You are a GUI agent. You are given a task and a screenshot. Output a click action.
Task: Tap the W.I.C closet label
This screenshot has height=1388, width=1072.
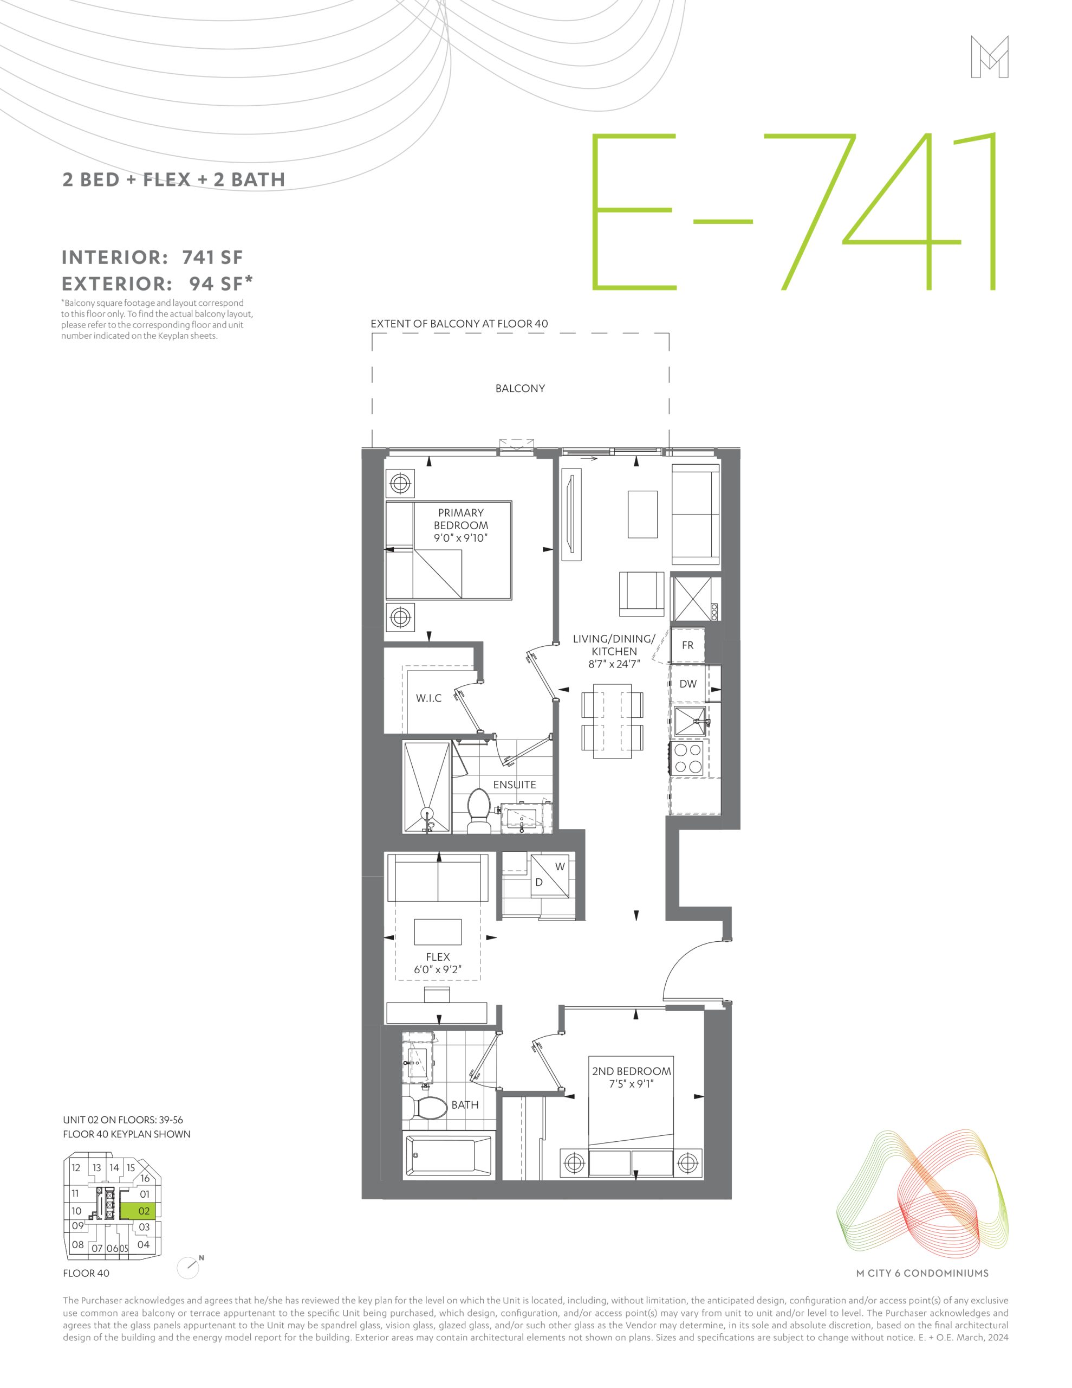click(x=428, y=698)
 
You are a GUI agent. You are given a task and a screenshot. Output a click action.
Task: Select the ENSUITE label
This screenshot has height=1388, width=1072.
click(x=515, y=785)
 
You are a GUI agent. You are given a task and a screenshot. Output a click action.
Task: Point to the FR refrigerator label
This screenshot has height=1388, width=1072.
click(x=688, y=645)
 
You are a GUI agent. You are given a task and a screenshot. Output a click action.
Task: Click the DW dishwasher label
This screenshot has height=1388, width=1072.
click(x=688, y=684)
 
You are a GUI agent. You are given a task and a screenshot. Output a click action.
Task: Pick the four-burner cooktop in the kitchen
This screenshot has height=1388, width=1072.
click(x=688, y=757)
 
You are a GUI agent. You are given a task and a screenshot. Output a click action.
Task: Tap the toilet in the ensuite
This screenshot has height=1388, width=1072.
click(x=478, y=812)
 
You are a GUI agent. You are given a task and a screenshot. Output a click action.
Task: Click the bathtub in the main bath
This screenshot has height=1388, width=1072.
click(x=448, y=1155)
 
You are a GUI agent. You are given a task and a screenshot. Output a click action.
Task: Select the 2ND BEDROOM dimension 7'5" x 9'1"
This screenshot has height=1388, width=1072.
click(x=631, y=1084)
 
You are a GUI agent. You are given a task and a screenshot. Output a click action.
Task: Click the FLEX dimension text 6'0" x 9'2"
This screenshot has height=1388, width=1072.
click(x=438, y=969)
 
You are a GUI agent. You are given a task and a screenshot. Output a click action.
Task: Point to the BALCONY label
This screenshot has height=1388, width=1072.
click(x=520, y=388)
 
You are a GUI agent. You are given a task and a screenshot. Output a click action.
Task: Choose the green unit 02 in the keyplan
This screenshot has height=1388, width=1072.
click(x=138, y=1211)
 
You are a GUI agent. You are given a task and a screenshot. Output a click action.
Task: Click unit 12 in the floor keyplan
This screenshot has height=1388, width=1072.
click(x=76, y=1167)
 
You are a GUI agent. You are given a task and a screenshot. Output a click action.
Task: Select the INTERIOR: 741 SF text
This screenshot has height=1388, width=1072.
click(x=152, y=258)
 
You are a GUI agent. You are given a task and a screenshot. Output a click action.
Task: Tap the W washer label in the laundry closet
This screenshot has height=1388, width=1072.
click(x=560, y=867)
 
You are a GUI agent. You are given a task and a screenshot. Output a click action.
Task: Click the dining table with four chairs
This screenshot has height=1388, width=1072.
click(x=613, y=721)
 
